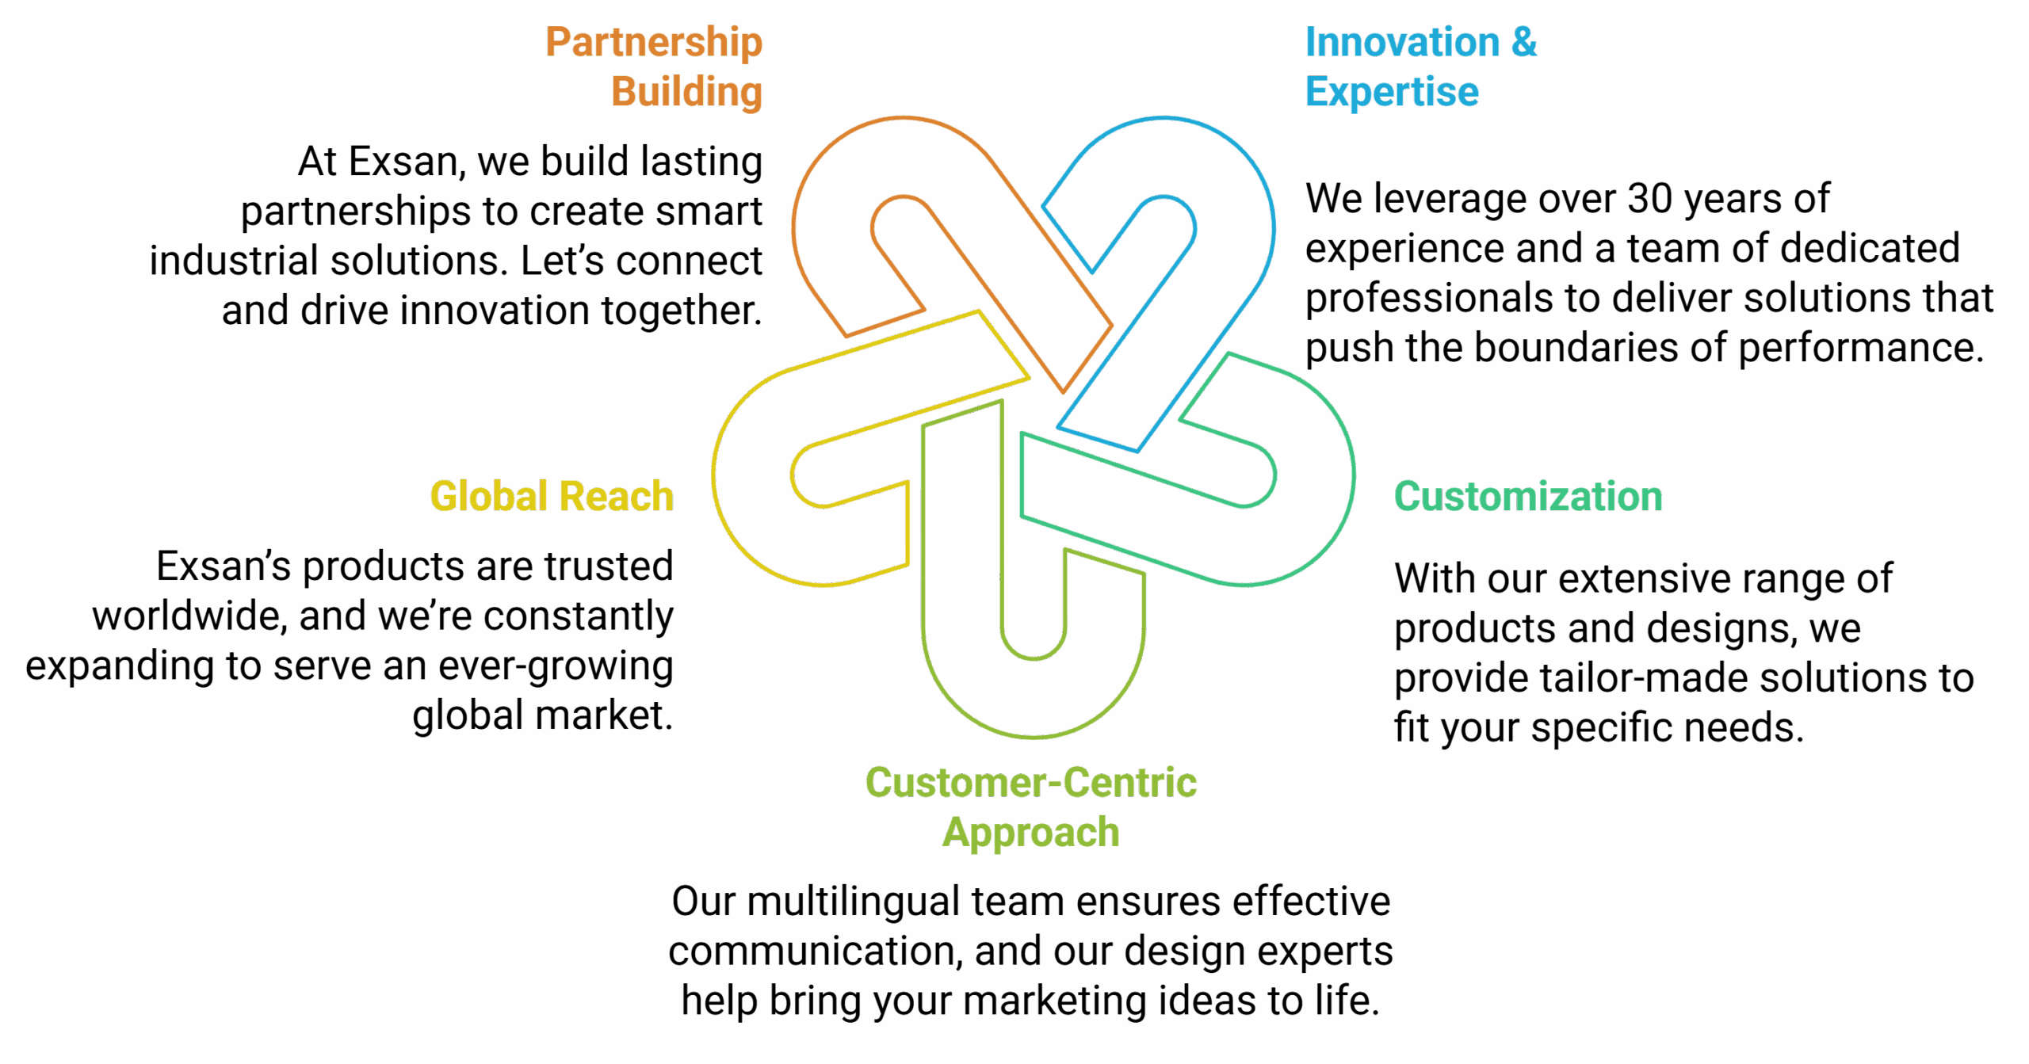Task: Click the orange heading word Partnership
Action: tap(654, 43)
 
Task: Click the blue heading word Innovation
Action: tap(1402, 43)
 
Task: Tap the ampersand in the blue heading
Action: tap(1523, 43)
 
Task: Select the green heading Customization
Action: tap(1527, 497)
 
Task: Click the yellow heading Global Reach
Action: tap(552, 497)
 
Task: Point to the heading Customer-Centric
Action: tap(1030, 783)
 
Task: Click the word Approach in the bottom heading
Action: tap(1030, 833)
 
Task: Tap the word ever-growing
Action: tap(555, 666)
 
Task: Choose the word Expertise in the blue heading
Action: tap(1392, 93)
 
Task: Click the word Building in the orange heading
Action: tap(686, 93)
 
